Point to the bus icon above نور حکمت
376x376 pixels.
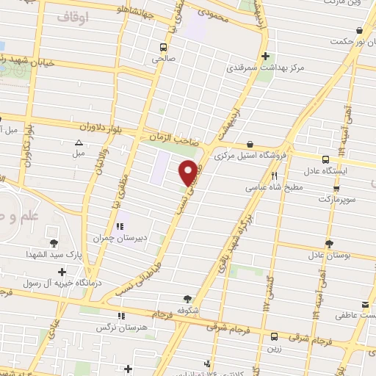click(359, 31)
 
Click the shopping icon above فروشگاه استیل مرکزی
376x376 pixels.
click(252, 144)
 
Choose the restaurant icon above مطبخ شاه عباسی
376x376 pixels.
click(275, 176)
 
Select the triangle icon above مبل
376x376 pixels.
click(79, 142)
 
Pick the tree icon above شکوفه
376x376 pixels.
click(188, 298)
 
